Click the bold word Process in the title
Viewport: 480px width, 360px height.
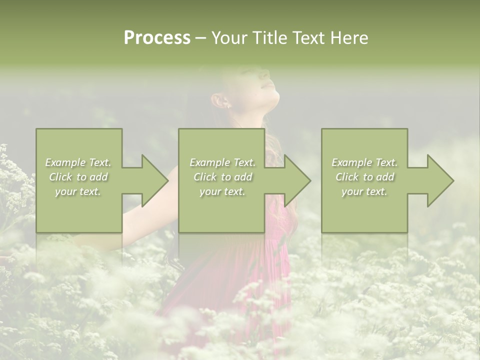(157, 38)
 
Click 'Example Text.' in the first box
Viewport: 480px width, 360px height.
(78, 162)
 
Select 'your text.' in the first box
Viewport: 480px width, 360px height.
(78, 191)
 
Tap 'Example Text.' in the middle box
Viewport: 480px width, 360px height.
(222, 162)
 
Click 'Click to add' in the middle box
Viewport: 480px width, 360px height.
(222, 177)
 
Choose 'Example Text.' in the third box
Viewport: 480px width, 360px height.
(364, 162)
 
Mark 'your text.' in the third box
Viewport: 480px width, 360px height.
(364, 191)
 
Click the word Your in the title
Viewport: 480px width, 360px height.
(228, 38)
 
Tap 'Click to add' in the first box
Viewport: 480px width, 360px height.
(78, 177)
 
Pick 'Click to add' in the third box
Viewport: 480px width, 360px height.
(364, 177)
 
